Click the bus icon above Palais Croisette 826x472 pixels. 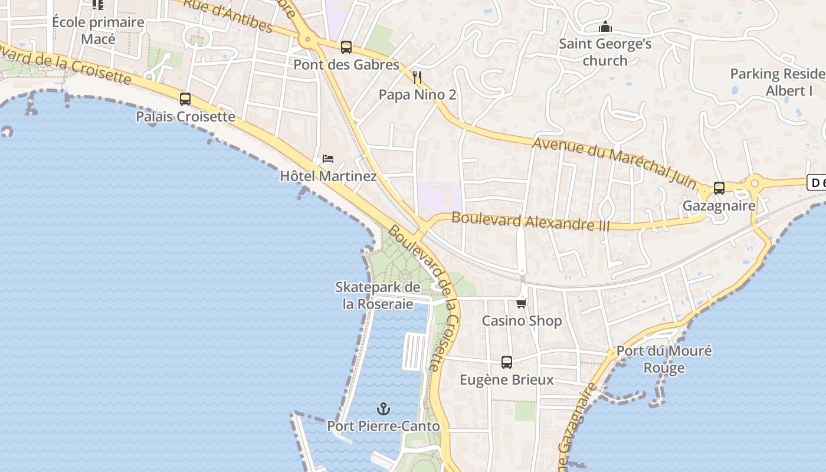(x=185, y=99)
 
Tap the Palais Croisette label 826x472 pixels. (x=185, y=117)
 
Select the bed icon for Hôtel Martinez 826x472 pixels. (x=328, y=159)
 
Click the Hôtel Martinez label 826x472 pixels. (x=328, y=176)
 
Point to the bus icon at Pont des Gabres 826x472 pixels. (x=346, y=47)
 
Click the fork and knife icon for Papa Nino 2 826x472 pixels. (x=417, y=77)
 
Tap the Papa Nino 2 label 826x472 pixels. (x=417, y=94)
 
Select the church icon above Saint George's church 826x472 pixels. (x=605, y=27)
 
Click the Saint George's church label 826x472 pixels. (x=605, y=52)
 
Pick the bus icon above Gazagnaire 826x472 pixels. (x=719, y=188)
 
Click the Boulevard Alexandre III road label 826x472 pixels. (x=530, y=221)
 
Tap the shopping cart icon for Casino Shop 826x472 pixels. (x=522, y=303)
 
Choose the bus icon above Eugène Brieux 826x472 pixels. (x=507, y=362)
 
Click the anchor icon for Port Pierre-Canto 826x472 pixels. (x=383, y=408)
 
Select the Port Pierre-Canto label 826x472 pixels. (x=383, y=426)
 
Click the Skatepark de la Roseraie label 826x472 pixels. (x=378, y=296)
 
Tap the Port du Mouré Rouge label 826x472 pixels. (x=664, y=359)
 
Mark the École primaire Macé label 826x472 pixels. (x=98, y=31)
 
